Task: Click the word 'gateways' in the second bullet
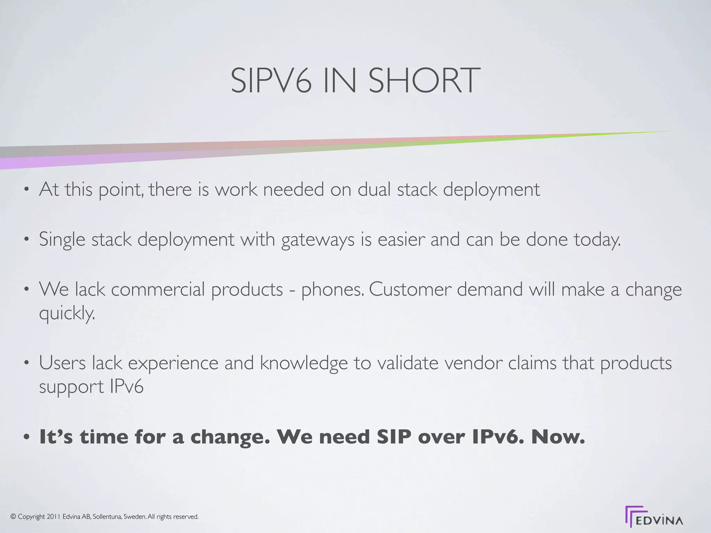click(318, 240)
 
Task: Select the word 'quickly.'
click(67, 314)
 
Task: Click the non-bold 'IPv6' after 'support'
click(126, 387)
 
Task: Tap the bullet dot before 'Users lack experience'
click(26, 364)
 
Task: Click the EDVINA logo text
click(660, 521)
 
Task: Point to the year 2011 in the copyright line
click(53, 517)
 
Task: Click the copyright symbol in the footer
click(13, 517)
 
